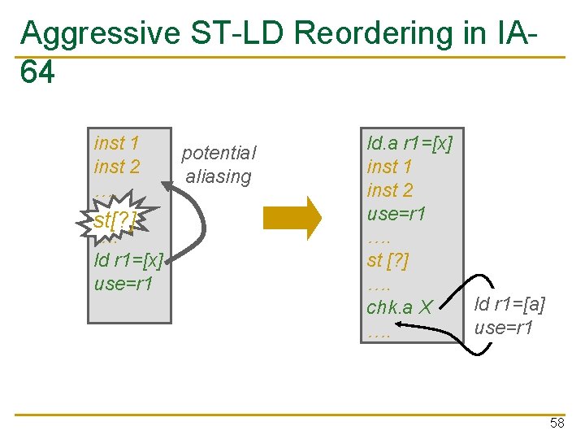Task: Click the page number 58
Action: pyautogui.click(x=557, y=424)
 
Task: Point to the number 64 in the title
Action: pyautogui.click(x=37, y=73)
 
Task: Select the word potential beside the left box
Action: pyautogui.click(x=219, y=153)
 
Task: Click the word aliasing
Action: pyautogui.click(x=219, y=176)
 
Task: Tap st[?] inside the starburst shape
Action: pyautogui.click(x=115, y=219)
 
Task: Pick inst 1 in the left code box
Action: pyautogui.click(x=116, y=144)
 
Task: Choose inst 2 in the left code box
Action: pyautogui.click(x=116, y=167)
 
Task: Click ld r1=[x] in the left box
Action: pyautogui.click(x=128, y=260)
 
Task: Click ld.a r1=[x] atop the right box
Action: pyautogui.click(x=409, y=144)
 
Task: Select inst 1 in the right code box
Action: pyautogui.click(x=389, y=167)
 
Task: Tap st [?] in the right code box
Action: pyautogui.click(x=388, y=260)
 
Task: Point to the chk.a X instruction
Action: pyautogui.click(x=400, y=307)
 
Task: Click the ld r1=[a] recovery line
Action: pyautogui.click(x=509, y=305)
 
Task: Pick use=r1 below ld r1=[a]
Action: pyautogui.click(x=503, y=328)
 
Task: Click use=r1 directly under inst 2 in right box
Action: pyautogui.click(x=396, y=214)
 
